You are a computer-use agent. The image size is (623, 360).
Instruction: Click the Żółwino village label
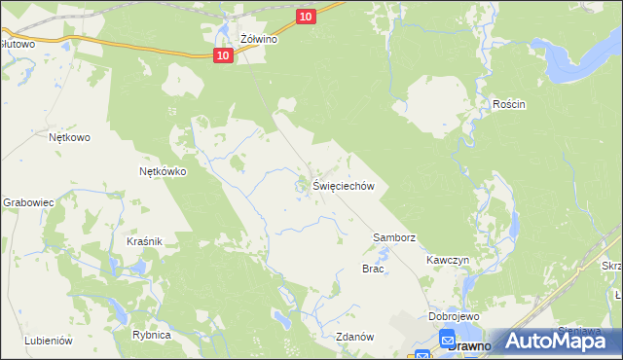(x=260, y=40)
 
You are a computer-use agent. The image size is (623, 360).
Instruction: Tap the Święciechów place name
(x=344, y=186)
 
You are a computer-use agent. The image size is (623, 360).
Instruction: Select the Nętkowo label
(x=69, y=137)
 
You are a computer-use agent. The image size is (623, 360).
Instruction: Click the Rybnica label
(x=152, y=335)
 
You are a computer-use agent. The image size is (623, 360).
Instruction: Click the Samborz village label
(x=395, y=237)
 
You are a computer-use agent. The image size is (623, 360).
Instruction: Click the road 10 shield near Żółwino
(x=224, y=55)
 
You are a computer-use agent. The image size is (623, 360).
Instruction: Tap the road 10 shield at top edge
(x=306, y=17)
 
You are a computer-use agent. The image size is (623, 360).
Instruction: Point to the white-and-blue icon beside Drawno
(x=448, y=340)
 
